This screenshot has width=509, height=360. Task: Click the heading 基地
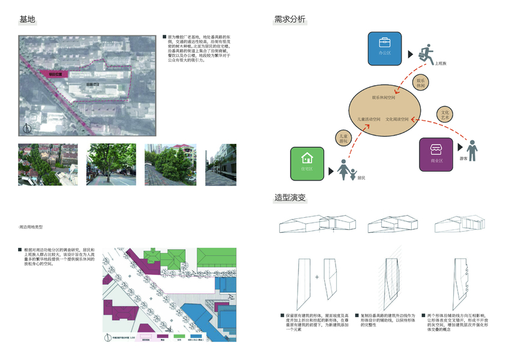coord(28,19)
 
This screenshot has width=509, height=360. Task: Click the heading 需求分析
coord(289,19)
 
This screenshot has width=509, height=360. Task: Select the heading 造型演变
coord(289,197)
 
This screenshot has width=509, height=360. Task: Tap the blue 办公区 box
coord(385,47)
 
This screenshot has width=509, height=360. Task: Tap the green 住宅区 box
coord(307,163)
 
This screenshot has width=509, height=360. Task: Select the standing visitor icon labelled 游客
coord(473,150)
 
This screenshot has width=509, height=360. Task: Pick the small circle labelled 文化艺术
coord(445,115)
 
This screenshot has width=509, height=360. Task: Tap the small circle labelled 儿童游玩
coord(342,138)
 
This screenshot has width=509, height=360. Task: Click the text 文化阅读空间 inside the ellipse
coord(397,119)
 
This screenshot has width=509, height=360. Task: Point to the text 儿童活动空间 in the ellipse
coord(368,119)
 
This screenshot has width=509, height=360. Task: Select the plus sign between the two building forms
coord(316,277)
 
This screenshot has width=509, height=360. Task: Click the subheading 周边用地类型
coord(31,227)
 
